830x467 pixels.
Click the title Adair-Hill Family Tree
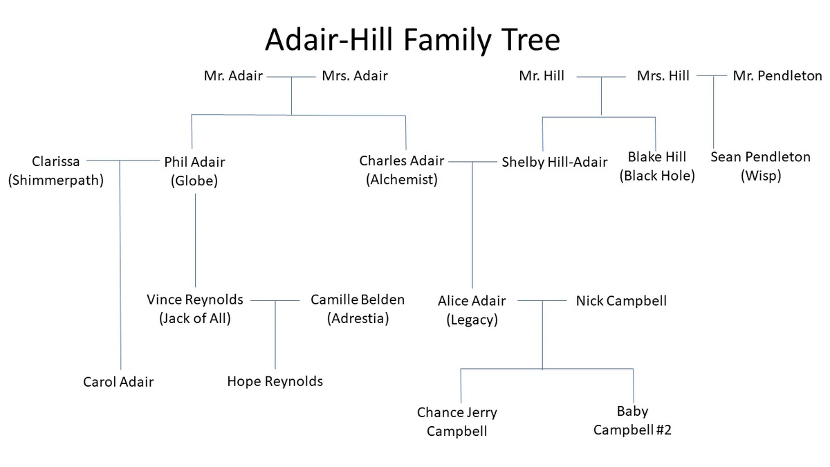[412, 40]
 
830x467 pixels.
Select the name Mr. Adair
[233, 76]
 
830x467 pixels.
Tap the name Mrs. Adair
[355, 76]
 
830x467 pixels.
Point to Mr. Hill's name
[542, 76]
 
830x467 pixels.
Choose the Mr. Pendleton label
[777, 76]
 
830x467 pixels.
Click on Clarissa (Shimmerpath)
[55, 171]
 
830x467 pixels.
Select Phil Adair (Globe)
[194, 171]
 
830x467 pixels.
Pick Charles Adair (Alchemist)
[402, 170]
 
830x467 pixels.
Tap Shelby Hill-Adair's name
[555, 163]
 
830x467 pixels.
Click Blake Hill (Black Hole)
[657, 166]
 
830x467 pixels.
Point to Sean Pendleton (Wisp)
[760, 166]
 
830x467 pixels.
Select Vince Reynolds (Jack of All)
[195, 309]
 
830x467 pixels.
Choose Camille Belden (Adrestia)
[358, 309]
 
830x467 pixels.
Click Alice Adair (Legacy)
[472, 310]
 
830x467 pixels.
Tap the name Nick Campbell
[621, 301]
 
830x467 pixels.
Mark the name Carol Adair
[118, 382]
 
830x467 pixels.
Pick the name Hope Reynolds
[275, 381]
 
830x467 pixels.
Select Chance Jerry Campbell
[457, 421]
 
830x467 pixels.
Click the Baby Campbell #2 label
[632, 421]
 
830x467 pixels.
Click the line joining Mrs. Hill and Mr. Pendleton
[712, 76]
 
